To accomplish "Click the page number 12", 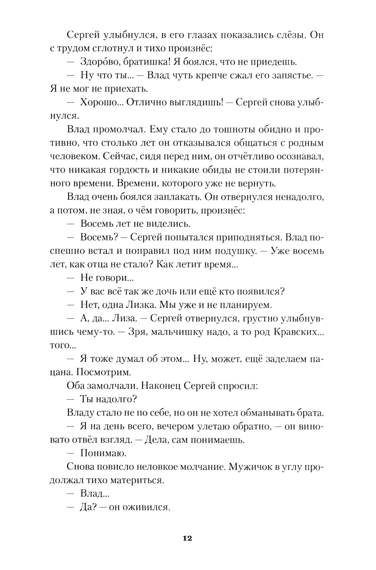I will tap(187, 538).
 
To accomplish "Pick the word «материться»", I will tap(138, 480).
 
